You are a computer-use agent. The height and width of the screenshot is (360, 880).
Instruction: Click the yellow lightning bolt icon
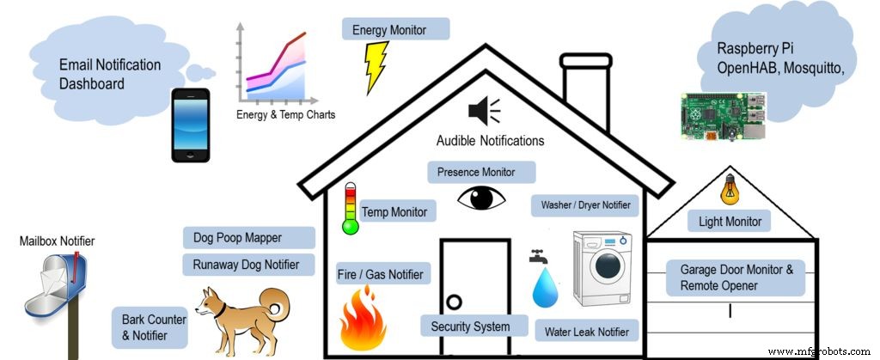[376, 67]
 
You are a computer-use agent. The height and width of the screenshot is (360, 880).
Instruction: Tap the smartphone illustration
[189, 124]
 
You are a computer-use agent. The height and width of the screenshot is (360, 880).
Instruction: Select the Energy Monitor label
[395, 30]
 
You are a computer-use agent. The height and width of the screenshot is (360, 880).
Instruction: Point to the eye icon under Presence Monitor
[482, 198]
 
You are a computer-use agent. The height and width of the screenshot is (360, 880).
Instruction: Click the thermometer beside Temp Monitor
[350, 209]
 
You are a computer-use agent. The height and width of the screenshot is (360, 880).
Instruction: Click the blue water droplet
[545, 288]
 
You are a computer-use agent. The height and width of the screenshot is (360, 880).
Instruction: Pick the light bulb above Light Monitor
[728, 189]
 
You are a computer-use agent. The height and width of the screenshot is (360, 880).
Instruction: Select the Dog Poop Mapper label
[248, 237]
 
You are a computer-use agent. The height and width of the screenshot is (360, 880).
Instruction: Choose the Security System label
[470, 326]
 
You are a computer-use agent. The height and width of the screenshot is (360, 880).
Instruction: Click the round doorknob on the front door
[455, 302]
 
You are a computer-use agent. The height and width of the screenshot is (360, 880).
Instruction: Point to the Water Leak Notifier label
[587, 331]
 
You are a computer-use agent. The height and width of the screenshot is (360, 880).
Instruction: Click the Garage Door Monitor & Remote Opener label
[736, 277]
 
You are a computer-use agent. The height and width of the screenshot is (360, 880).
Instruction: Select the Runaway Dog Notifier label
[248, 265]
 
